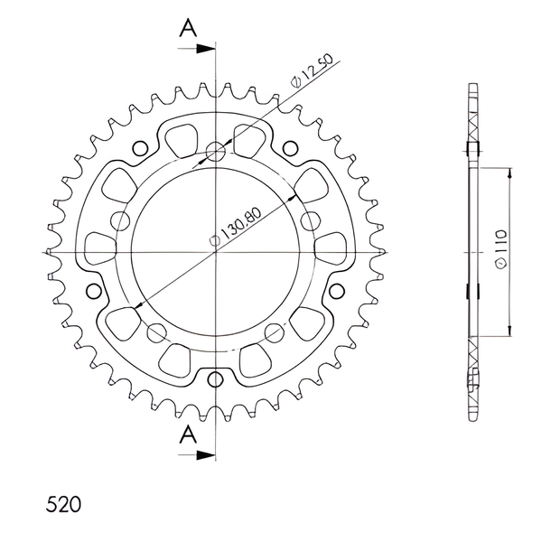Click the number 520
(x=63, y=504)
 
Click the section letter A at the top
(x=189, y=28)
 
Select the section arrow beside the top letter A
(x=196, y=49)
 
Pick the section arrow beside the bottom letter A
(x=196, y=455)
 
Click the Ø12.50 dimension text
(x=312, y=70)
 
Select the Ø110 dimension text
(x=500, y=249)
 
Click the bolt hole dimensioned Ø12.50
(x=216, y=152)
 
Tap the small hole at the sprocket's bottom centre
(x=215, y=378)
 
